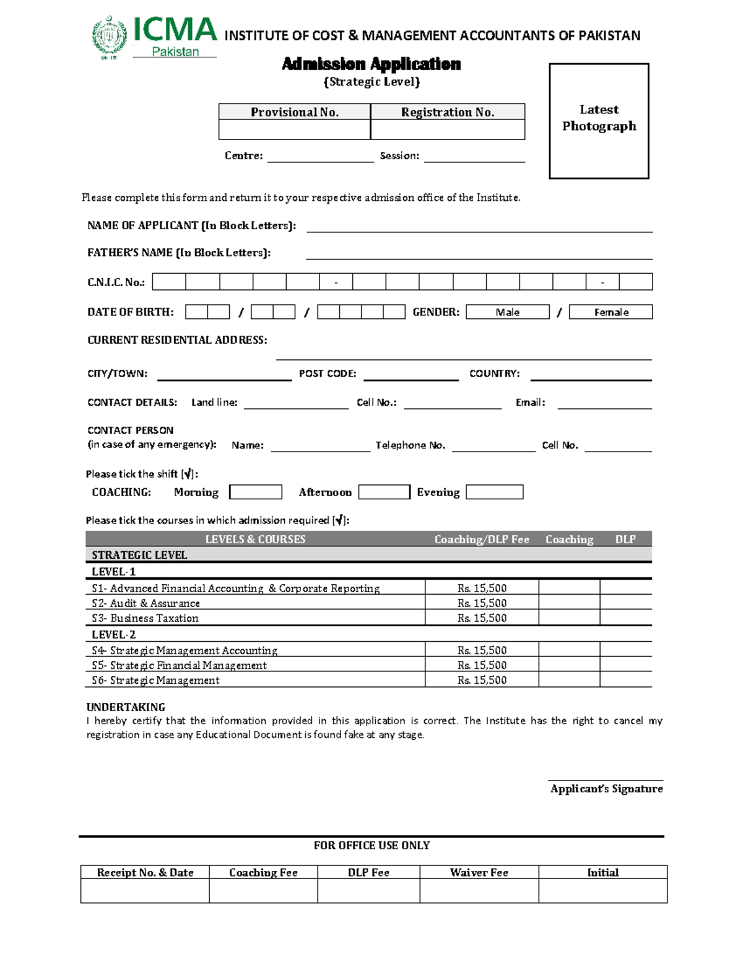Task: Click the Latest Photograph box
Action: click(x=599, y=121)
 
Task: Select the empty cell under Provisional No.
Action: click(x=294, y=129)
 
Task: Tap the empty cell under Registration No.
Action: click(x=447, y=129)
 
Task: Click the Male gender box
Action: click(x=508, y=312)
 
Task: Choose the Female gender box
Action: click(x=610, y=312)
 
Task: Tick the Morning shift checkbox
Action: click(x=256, y=492)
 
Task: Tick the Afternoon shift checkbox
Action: click(x=384, y=492)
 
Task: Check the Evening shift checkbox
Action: click(x=494, y=492)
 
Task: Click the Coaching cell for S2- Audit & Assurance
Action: click(x=569, y=603)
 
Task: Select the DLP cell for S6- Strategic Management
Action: click(x=625, y=680)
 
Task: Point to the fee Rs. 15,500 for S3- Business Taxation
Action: click(x=482, y=618)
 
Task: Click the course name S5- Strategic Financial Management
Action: click(x=179, y=665)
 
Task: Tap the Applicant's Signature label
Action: click(x=606, y=789)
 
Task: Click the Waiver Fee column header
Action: click(x=479, y=872)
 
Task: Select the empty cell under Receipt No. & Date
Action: click(x=145, y=891)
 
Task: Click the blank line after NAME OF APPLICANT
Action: click(x=479, y=227)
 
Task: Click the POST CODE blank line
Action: click(x=411, y=375)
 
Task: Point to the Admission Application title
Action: click(x=371, y=64)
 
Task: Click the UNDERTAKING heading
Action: click(x=126, y=707)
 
